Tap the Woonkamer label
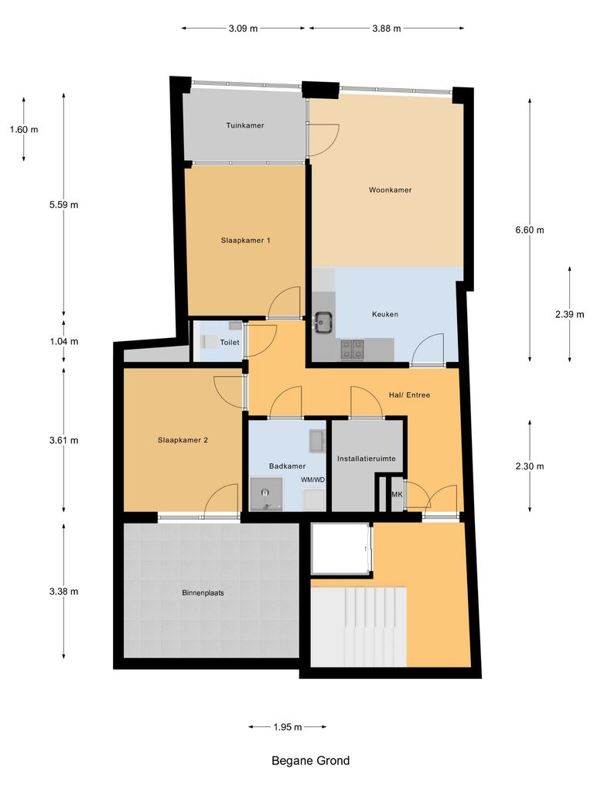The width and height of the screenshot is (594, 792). click(390, 189)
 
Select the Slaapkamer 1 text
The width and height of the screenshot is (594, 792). click(245, 241)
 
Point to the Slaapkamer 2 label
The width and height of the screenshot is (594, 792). click(183, 440)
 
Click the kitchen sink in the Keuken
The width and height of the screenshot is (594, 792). click(323, 320)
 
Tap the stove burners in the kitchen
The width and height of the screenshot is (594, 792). click(352, 350)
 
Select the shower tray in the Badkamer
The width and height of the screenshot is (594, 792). click(267, 493)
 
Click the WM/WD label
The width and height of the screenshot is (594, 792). click(312, 480)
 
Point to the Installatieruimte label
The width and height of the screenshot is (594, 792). click(367, 459)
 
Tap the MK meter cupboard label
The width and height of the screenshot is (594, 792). click(398, 494)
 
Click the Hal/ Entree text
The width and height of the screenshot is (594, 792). click(409, 395)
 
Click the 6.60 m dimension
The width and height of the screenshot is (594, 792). click(530, 230)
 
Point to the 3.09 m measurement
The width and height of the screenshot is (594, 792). click(243, 29)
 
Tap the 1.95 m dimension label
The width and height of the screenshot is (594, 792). click(287, 727)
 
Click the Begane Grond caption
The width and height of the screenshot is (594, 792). click(310, 760)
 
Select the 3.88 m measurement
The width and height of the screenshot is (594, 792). click(386, 29)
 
